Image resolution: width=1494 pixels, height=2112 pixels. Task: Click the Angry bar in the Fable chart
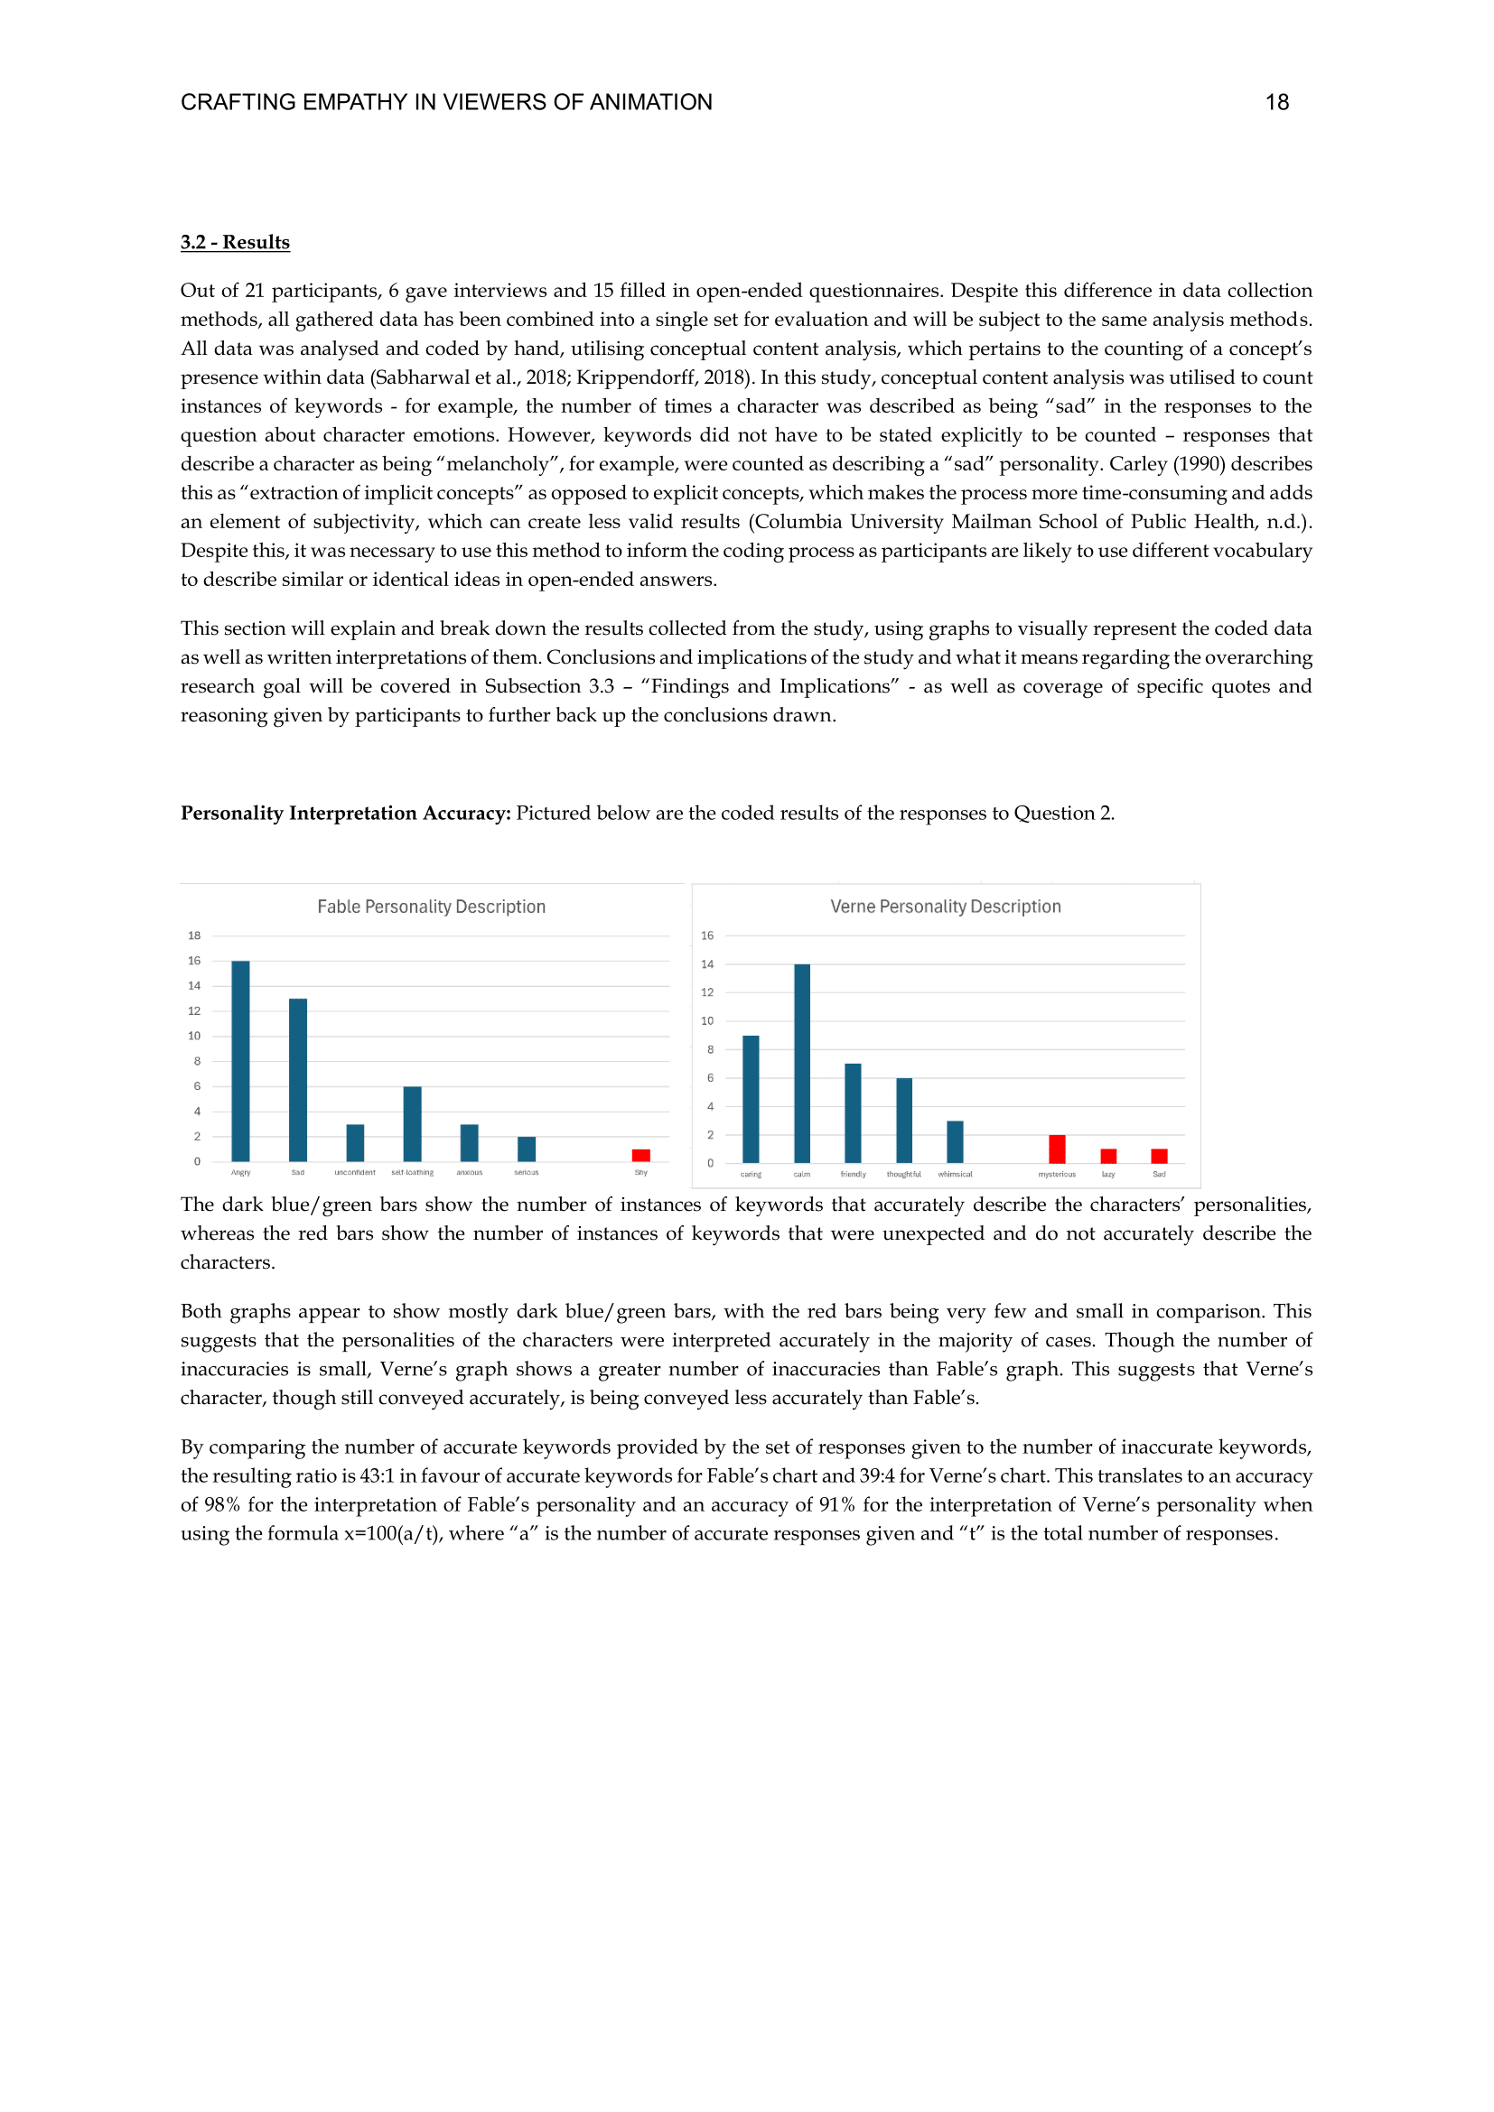tap(241, 1061)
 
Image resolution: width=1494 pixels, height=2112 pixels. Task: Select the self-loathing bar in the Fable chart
tap(412, 1124)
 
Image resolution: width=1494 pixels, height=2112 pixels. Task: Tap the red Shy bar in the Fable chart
tap(641, 1156)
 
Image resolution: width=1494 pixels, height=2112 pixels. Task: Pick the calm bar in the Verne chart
tap(802, 1064)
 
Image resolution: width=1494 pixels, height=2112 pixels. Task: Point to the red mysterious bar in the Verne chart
tap(1057, 1149)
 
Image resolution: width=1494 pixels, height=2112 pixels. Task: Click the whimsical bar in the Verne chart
tap(955, 1141)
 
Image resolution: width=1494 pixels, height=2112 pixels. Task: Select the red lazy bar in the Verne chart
tap(1108, 1157)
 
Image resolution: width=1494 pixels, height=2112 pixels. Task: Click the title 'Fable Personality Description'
tap(432, 907)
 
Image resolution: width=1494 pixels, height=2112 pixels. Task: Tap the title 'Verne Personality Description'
tap(946, 907)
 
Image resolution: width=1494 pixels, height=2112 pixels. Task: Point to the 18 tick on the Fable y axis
tap(194, 935)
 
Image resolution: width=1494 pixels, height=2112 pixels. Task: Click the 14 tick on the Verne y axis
tap(706, 964)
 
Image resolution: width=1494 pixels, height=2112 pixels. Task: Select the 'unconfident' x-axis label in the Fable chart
tap(355, 1173)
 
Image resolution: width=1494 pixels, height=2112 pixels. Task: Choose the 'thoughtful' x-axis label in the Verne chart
tap(903, 1175)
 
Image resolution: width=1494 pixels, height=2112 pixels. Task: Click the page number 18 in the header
tap(1277, 102)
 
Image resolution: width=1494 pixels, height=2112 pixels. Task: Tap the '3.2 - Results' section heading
tap(236, 243)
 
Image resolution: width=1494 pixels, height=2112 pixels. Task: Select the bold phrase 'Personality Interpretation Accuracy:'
tap(345, 814)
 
